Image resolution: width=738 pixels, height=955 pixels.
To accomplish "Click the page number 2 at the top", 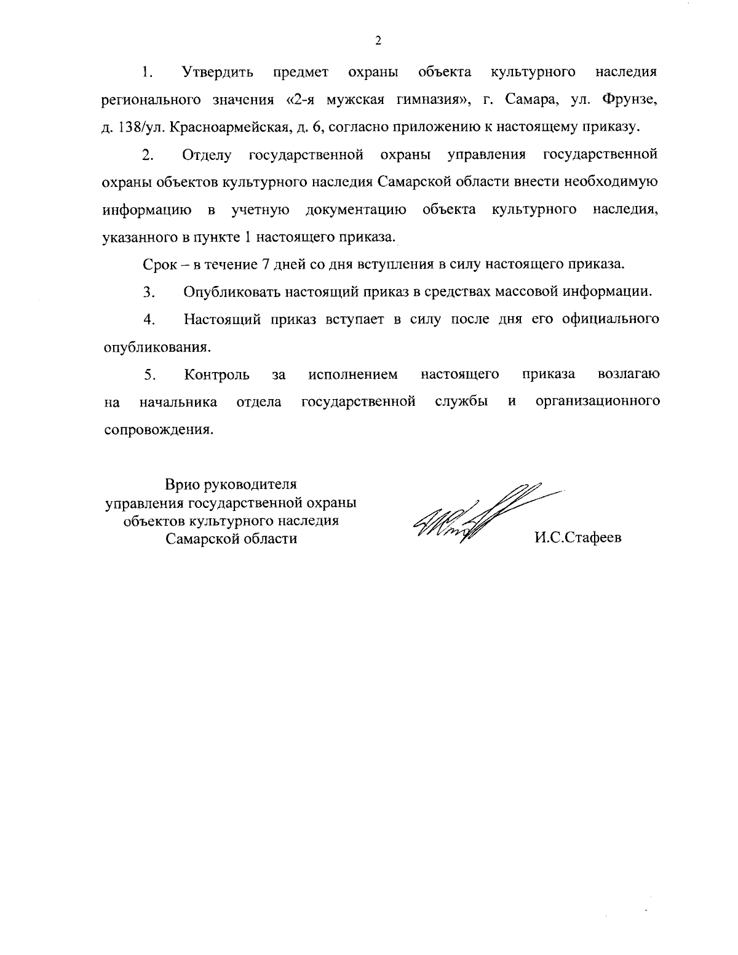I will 378,41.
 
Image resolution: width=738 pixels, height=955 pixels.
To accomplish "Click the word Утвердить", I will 218,73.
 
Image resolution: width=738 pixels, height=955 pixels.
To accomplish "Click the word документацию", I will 355,210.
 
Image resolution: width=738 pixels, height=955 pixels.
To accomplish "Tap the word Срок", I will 161,264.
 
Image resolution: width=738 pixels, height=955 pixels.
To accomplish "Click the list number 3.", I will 148,292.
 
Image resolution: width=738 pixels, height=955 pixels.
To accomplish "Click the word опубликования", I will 156,347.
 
